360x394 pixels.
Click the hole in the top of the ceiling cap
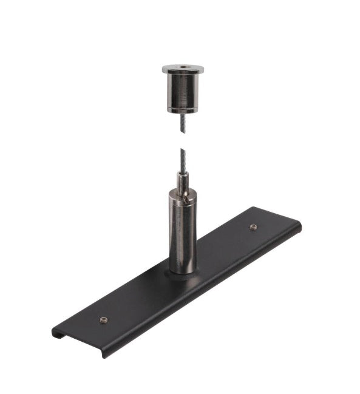(182, 67)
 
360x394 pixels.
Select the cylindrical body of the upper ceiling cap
(182, 91)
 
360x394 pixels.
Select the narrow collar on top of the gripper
(183, 180)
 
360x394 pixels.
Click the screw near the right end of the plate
(253, 227)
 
